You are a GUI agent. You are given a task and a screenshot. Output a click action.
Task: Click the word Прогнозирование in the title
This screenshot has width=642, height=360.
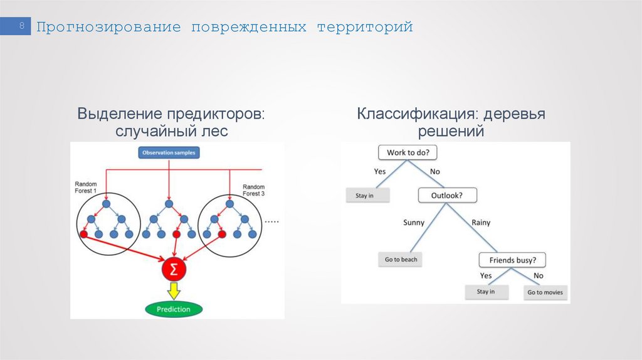tap(108, 28)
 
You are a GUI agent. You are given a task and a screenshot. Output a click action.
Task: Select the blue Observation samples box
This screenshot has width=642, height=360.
tap(169, 152)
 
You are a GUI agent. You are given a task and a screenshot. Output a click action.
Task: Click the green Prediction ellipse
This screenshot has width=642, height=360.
tap(173, 309)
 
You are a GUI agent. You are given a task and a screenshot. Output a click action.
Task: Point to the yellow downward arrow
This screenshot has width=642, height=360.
tap(173, 290)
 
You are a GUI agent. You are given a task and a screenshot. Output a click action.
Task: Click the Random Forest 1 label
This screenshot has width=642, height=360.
tap(87, 187)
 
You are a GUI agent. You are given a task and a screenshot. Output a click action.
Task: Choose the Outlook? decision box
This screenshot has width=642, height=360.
tap(447, 196)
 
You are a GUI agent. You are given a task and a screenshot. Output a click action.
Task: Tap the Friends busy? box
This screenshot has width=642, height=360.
tap(512, 260)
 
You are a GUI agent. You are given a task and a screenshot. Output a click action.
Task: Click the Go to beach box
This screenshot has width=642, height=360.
tap(401, 259)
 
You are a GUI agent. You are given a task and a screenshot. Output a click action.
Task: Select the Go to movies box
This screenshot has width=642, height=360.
tap(545, 292)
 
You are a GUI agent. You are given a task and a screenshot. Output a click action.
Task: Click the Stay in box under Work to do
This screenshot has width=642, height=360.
tap(367, 196)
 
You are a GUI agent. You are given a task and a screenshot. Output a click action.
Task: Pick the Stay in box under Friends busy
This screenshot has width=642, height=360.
tap(485, 292)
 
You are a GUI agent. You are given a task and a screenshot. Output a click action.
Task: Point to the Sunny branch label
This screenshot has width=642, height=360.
tap(414, 222)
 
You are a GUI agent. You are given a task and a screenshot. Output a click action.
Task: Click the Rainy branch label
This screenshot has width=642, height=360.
tap(480, 222)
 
